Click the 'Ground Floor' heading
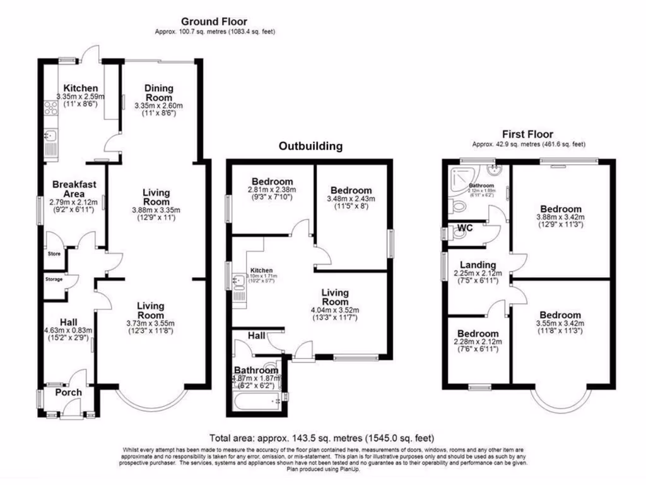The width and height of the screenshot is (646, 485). (x=214, y=22)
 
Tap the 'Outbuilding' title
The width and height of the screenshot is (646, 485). (x=310, y=147)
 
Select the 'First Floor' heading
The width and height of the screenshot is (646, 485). (x=527, y=134)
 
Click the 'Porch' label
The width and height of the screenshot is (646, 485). (x=69, y=392)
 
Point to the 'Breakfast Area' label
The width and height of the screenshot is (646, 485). (x=74, y=189)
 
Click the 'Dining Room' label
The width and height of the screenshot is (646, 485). (x=158, y=93)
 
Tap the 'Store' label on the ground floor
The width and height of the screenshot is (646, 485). (x=54, y=254)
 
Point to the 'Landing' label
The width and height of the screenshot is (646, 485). (x=478, y=265)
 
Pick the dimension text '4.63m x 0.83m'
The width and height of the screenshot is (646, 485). (x=68, y=330)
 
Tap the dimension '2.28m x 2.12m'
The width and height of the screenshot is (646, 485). (x=478, y=342)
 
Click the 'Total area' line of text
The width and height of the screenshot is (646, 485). (x=322, y=438)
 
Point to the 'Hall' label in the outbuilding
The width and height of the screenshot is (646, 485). (x=255, y=337)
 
